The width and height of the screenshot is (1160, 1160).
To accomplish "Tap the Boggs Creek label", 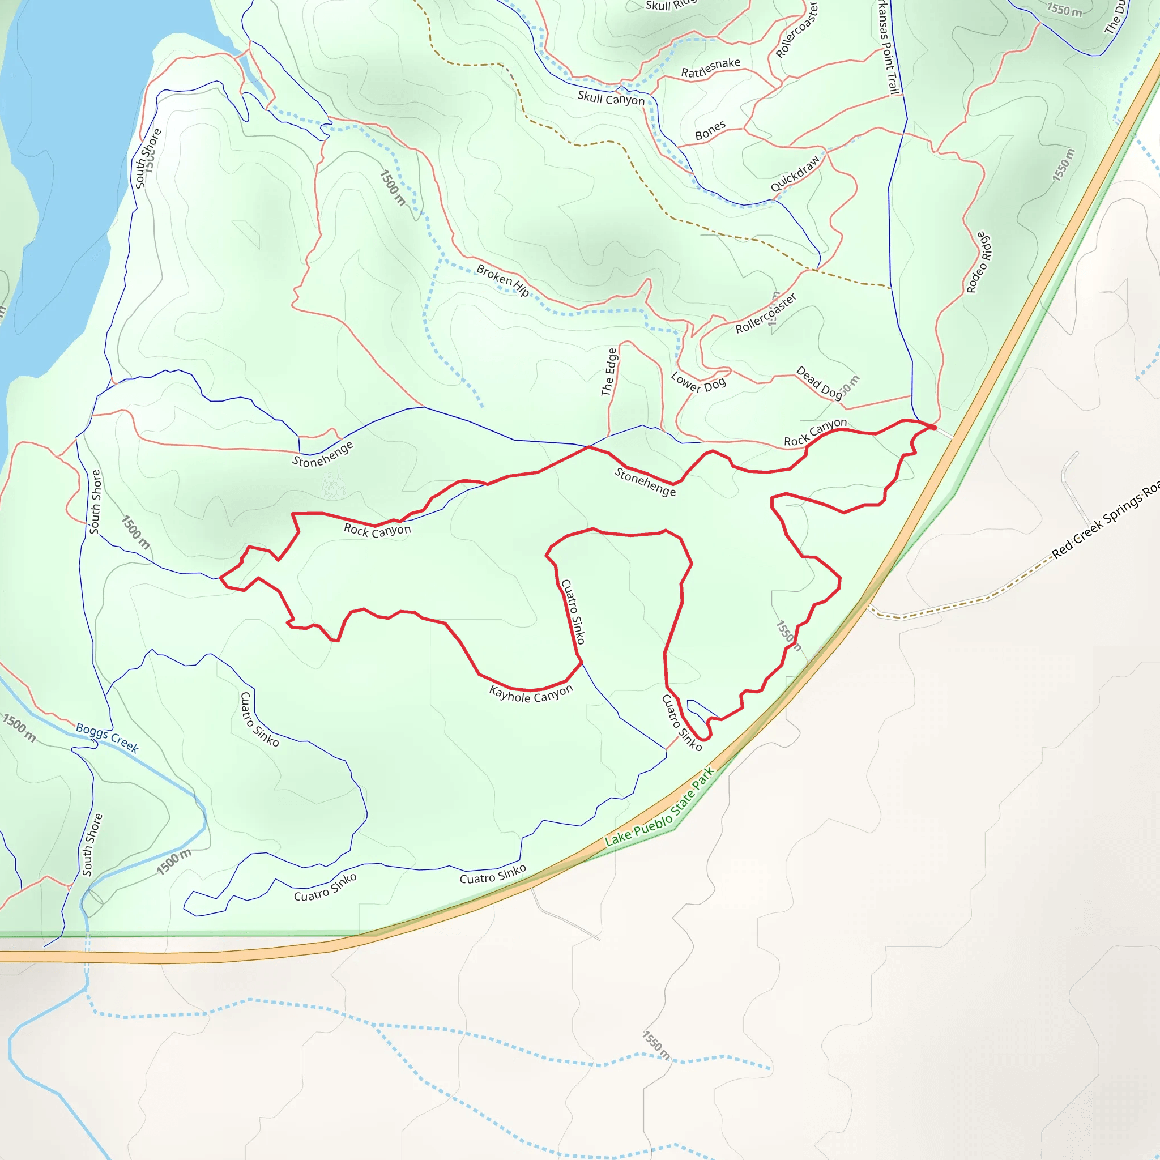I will coord(107,737).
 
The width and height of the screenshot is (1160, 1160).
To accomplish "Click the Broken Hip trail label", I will coord(502,280).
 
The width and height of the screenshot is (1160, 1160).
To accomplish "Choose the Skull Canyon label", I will coord(611,99).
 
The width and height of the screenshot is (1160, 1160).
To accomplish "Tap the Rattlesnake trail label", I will coord(710,68).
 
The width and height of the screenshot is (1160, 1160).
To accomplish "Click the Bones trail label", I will coord(710,131).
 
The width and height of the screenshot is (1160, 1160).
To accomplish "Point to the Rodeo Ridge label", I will coord(979,262).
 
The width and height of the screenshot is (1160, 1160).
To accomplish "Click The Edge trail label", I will coord(609,372).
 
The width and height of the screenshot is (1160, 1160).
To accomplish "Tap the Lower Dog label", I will coord(698,382).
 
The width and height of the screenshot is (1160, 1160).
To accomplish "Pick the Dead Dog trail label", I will coord(820,382).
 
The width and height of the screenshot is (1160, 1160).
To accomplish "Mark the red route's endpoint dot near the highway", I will coord(933,427).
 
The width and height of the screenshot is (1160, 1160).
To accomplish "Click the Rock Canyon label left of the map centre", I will coord(377,530).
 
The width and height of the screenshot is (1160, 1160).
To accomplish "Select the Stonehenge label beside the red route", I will coord(645,482).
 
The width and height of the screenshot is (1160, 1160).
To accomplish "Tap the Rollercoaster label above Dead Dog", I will coord(766,313).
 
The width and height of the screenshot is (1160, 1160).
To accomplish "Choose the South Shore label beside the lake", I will coord(148,159).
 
